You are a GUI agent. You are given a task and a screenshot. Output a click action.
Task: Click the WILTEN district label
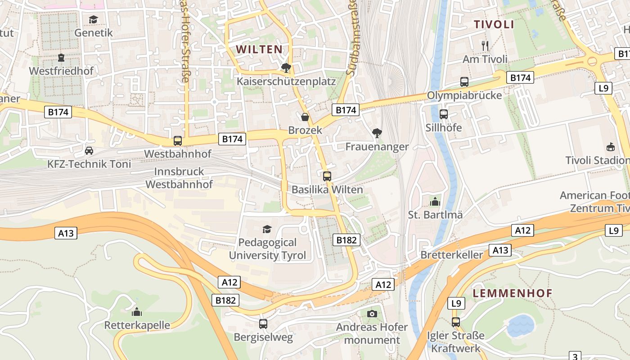pos(260,49)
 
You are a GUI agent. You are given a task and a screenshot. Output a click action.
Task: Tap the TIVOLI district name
pos(494,25)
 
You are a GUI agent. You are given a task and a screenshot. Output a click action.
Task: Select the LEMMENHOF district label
pos(512,293)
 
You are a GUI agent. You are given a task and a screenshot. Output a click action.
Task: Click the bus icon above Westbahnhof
pos(178,141)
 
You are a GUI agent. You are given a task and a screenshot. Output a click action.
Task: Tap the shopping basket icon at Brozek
pos(305,117)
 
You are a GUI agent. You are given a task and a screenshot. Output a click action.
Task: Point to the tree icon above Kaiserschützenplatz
pos(286,68)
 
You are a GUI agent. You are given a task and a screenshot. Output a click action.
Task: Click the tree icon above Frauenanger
pos(377,133)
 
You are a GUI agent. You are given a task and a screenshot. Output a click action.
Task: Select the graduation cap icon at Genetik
pos(93,20)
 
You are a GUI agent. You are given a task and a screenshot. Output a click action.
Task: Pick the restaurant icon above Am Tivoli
pos(485,46)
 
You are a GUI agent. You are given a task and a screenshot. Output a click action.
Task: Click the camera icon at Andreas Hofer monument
pos(372,314)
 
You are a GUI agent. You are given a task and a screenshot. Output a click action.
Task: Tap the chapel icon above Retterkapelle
pos(137,312)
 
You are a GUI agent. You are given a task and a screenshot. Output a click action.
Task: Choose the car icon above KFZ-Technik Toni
pos(89,151)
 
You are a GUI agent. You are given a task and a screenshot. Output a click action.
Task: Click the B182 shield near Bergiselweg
pos(225,300)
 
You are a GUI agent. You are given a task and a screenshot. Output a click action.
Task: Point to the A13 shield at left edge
pos(66,233)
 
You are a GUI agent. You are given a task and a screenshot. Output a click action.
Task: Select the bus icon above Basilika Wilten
pos(327,176)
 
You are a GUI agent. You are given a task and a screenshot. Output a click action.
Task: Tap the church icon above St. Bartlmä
pos(435,202)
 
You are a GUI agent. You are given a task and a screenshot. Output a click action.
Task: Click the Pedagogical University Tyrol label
pos(267,249)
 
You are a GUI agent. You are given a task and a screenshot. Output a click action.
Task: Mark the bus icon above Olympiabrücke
pos(464,82)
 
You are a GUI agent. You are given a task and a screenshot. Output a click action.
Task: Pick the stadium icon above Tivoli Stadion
pos(611,147)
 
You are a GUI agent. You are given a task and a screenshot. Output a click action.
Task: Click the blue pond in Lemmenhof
pos(521,325)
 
